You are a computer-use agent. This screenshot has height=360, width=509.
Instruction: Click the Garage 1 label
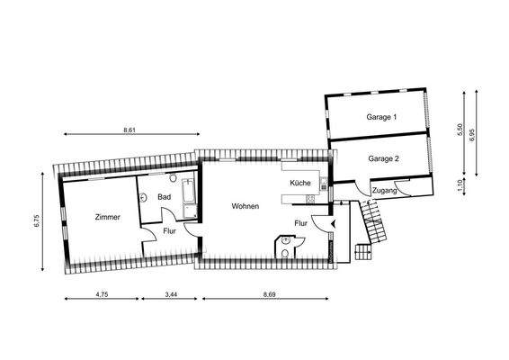tap(381, 117)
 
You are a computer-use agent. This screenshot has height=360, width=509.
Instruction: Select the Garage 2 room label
tap(382, 158)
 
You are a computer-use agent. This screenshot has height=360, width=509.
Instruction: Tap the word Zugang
tap(383, 191)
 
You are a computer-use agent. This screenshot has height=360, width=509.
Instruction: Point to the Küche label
tap(300, 183)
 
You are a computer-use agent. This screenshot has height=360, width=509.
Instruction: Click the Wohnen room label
tap(245, 207)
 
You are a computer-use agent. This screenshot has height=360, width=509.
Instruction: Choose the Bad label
tap(164, 196)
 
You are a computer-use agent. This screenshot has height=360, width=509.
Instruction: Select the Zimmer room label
tap(106, 217)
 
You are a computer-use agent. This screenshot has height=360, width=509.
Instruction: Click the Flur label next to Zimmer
tap(169, 231)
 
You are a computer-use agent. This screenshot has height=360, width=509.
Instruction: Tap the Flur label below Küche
tap(302, 222)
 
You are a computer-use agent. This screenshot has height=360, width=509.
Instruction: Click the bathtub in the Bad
tap(189, 198)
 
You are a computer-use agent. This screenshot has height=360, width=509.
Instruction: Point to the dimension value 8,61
tap(129, 130)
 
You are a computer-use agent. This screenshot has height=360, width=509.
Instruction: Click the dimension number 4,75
tap(101, 295)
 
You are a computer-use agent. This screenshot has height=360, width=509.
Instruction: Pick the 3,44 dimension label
tap(169, 295)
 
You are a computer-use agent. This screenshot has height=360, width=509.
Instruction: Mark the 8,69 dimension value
tap(269, 295)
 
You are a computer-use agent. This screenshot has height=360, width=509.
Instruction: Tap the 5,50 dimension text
tap(460, 130)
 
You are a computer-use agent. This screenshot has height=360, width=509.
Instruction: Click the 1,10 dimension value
tap(460, 187)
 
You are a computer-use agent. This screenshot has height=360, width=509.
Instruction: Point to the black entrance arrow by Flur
tap(334, 220)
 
